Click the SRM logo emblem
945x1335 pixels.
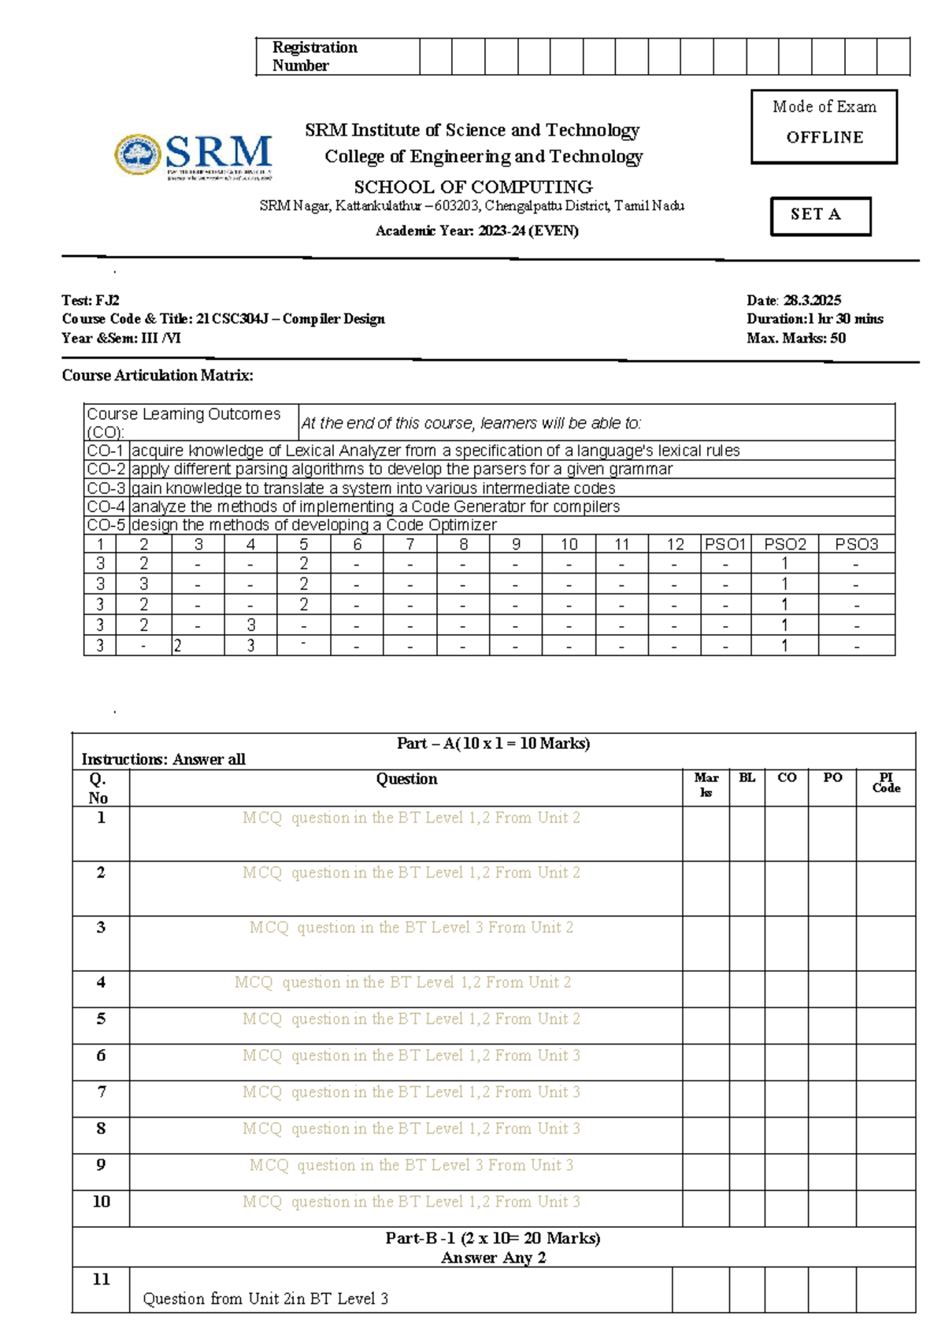tap(139, 154)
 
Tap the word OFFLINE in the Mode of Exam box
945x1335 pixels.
tap(825, 137)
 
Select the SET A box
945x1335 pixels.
tap(820, 215)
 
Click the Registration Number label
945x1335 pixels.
tap(314, 56)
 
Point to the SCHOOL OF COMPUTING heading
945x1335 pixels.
tap(472, 187)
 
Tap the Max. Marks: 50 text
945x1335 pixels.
tap(795, 338)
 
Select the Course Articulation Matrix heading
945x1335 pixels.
tap(157, 376)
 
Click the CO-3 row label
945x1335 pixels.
tap(106, 488)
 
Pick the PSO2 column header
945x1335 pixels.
tap(784, 543)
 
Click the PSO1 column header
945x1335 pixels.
tap(725, 543)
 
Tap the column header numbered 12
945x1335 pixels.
tap(674, 543)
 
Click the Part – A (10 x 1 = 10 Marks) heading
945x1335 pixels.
tap(493, 743)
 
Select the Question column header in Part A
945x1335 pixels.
tap(406, 779)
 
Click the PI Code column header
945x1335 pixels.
tap(885, 782)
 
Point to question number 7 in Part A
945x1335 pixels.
tap(101, 1092)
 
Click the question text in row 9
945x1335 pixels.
tap(410, 1165)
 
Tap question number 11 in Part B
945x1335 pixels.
tap(101, 1279)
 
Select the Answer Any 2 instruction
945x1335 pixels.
tap(493, 1258)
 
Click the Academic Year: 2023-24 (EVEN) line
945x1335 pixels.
tap(476, 231)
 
